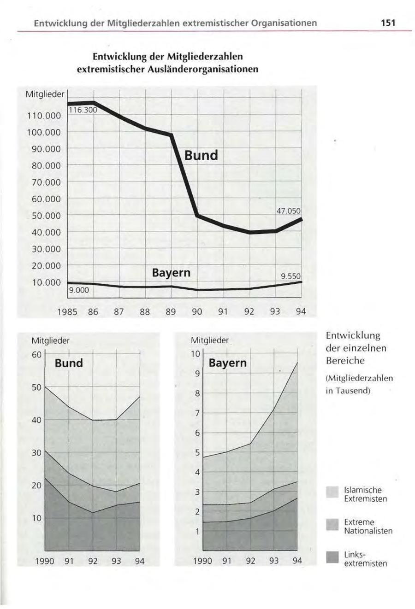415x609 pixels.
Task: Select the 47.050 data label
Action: coord(288,211)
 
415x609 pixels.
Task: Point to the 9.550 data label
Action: coord(291,276)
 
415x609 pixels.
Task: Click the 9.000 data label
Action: coord(79,290)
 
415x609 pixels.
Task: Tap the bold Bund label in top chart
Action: coord(201,155)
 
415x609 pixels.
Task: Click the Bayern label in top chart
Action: coord(171,273)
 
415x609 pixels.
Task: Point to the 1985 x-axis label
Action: coord(67,312)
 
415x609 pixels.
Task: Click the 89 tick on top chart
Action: coord(171,312)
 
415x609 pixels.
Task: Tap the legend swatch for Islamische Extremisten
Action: coord(332,493)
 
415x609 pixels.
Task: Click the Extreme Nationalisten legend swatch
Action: coord(332,525)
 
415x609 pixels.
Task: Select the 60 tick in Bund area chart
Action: coord(37,355)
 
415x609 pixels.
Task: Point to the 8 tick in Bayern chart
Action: coord(197,394)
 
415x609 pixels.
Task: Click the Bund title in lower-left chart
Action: coord(69,363)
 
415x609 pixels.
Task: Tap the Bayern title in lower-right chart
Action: coord(227,363)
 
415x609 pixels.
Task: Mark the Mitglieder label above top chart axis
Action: coord(44,94)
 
